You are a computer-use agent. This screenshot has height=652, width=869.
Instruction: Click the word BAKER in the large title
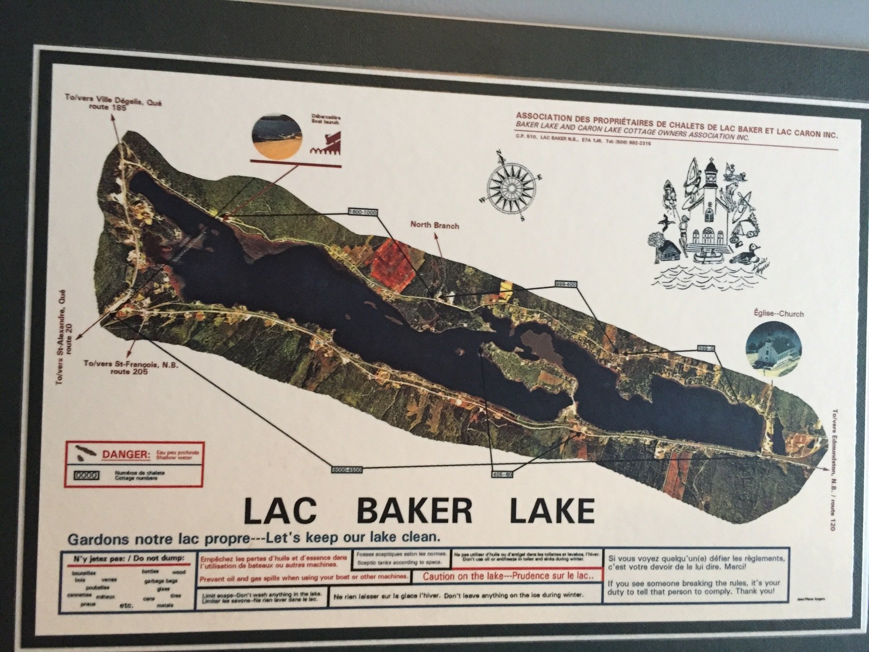coord(415,510)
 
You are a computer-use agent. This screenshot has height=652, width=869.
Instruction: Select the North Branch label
coord(434,225)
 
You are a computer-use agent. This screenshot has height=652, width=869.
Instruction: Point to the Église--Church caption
coord(778,313)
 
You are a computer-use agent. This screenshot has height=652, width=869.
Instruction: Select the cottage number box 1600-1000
coord(363,212)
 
